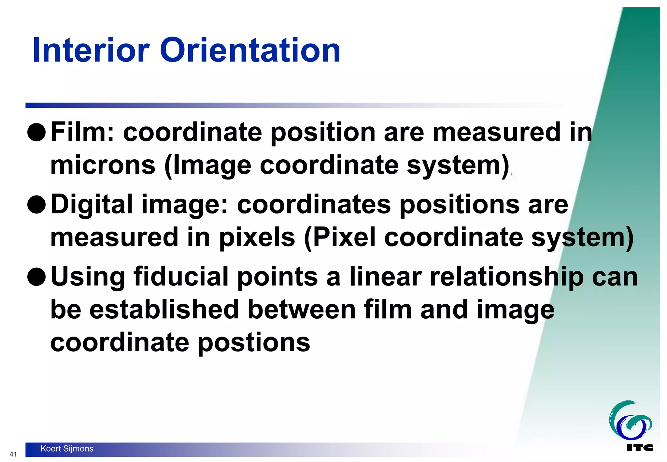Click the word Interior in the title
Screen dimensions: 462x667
[x=91, y=51]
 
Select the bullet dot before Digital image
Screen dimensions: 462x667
[x=36, y=205]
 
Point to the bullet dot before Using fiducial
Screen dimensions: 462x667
[x=36, y=277]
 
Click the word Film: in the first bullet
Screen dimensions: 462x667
[x=83, y=132]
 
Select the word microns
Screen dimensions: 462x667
[x=103, y=165]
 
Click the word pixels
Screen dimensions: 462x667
[x=257, y=237]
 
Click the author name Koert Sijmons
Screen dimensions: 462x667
[x=67, y=449]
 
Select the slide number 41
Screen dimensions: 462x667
[x=13, y=454]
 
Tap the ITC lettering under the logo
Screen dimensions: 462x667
[x=639, y=448]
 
